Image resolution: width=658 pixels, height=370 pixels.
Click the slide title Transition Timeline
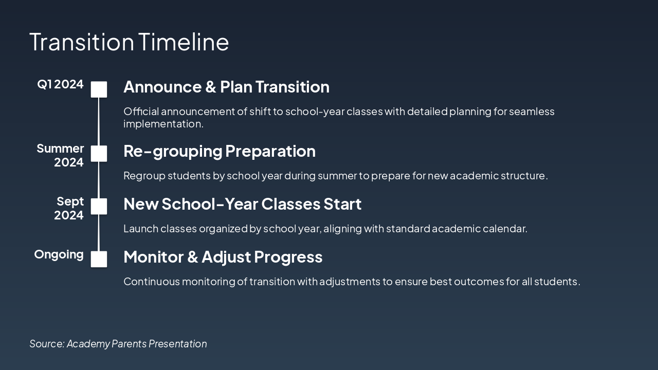pos(129,42)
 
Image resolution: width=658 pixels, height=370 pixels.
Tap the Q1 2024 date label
pos(60,84)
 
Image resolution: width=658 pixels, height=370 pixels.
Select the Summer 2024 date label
pos(60,155)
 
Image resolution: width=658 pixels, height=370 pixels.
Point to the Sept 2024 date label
pos(69,208)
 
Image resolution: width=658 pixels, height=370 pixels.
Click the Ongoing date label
pos(59,254)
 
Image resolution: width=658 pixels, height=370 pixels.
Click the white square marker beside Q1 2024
pos(99,89)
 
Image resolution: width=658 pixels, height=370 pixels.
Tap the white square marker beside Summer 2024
pos(99,153)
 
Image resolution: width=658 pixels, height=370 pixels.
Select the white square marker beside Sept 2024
pos(99,206)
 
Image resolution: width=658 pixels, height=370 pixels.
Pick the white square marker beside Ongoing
pos(99,259)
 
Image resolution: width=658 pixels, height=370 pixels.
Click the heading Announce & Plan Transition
pos(227,87)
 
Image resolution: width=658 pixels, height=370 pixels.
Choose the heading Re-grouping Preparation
pos(220,152)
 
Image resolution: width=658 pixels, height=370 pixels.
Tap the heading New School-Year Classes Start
pos(242,204)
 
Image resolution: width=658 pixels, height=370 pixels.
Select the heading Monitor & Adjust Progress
pos(223,257)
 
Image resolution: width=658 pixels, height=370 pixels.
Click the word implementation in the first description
pos(163,124)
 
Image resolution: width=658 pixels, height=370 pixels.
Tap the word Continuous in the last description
pos(152,281)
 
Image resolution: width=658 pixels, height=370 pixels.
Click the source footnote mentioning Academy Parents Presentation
pos(118,344)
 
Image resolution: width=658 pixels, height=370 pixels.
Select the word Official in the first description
pos(141,112)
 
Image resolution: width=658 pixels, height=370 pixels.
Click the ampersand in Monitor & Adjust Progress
pos(192,257)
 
